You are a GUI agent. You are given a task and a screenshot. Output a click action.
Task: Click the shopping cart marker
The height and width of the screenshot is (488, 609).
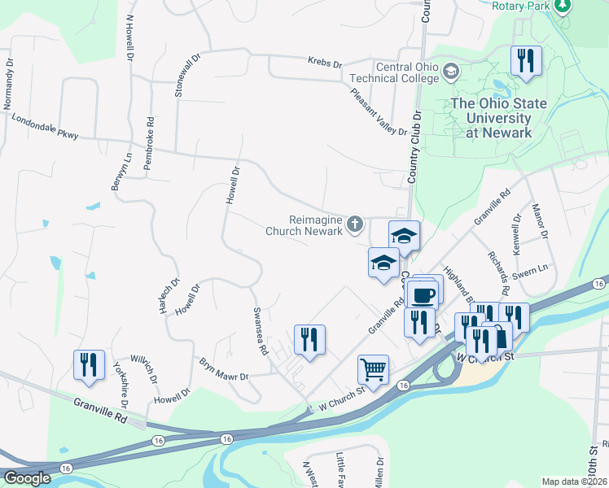pyautogui.click(x=373, y=370)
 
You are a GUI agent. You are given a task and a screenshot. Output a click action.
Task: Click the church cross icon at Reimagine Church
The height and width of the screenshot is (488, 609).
pyautogui.click(x=355, y=223)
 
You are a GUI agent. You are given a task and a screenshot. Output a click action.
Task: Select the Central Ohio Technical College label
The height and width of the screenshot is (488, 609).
pyautogui.click(x=397, y=73)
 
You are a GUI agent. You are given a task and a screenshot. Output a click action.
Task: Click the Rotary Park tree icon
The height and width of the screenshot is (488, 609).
pyautogui.click(x=562, y=6)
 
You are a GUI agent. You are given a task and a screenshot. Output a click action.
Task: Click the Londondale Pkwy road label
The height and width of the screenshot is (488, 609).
pyautogui.click(x=46, y=125)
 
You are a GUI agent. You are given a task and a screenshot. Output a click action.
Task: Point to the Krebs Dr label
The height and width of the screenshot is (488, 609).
pyautogui.click(x=325, y=63)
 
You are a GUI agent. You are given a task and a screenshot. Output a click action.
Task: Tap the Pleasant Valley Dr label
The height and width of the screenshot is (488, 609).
pyautogui.click(x=379, y=112)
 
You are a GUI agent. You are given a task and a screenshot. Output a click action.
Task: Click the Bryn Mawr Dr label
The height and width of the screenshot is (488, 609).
pyautogui.click(x=223, y=370)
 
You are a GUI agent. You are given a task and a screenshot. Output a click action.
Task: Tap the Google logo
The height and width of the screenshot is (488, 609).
pyautogui.click(x=27, y=478)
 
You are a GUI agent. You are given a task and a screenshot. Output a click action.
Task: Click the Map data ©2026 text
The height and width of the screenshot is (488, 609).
pyautogui.click(x=574, y=481)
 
